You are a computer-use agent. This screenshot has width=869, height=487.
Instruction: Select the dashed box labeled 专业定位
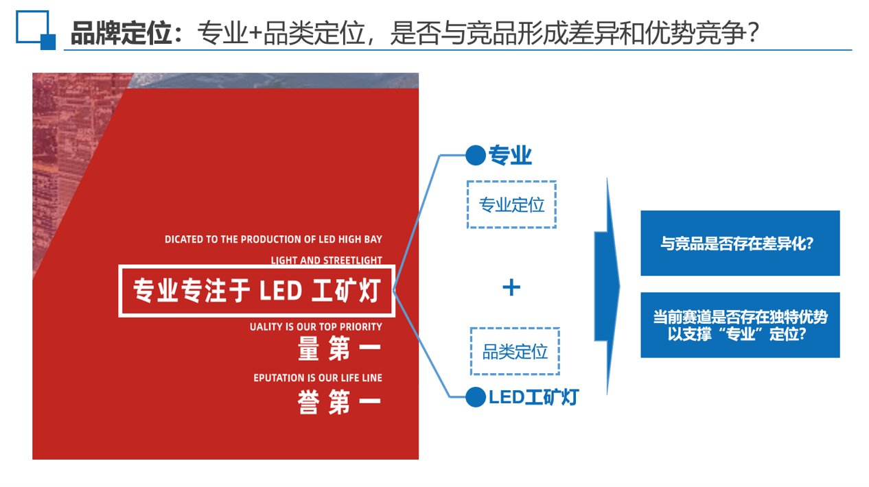(511, 204)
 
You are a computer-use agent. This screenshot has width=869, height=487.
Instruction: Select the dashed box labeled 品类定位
(515, 351)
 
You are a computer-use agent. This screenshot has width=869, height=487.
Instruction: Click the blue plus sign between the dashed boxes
(511, 287)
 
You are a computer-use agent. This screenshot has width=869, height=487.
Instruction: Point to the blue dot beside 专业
(476, 156)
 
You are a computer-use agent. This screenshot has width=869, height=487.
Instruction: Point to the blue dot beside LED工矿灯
(476, 397)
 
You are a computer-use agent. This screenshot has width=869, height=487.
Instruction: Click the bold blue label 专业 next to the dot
(510, 156)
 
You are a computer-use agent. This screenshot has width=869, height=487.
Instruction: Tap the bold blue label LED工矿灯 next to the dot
(533, 397)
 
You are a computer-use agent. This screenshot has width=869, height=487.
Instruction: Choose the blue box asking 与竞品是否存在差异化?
(740, 243)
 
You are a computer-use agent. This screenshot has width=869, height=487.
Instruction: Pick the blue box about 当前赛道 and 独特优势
(740, 325)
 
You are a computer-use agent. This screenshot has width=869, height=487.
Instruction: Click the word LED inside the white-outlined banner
(280, 291)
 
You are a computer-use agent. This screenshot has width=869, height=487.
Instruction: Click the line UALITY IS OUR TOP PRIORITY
(316, 327)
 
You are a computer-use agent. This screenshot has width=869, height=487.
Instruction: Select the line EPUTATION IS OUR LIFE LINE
(318, 378)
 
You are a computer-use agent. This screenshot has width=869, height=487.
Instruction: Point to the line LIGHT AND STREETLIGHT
(326, 261)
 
